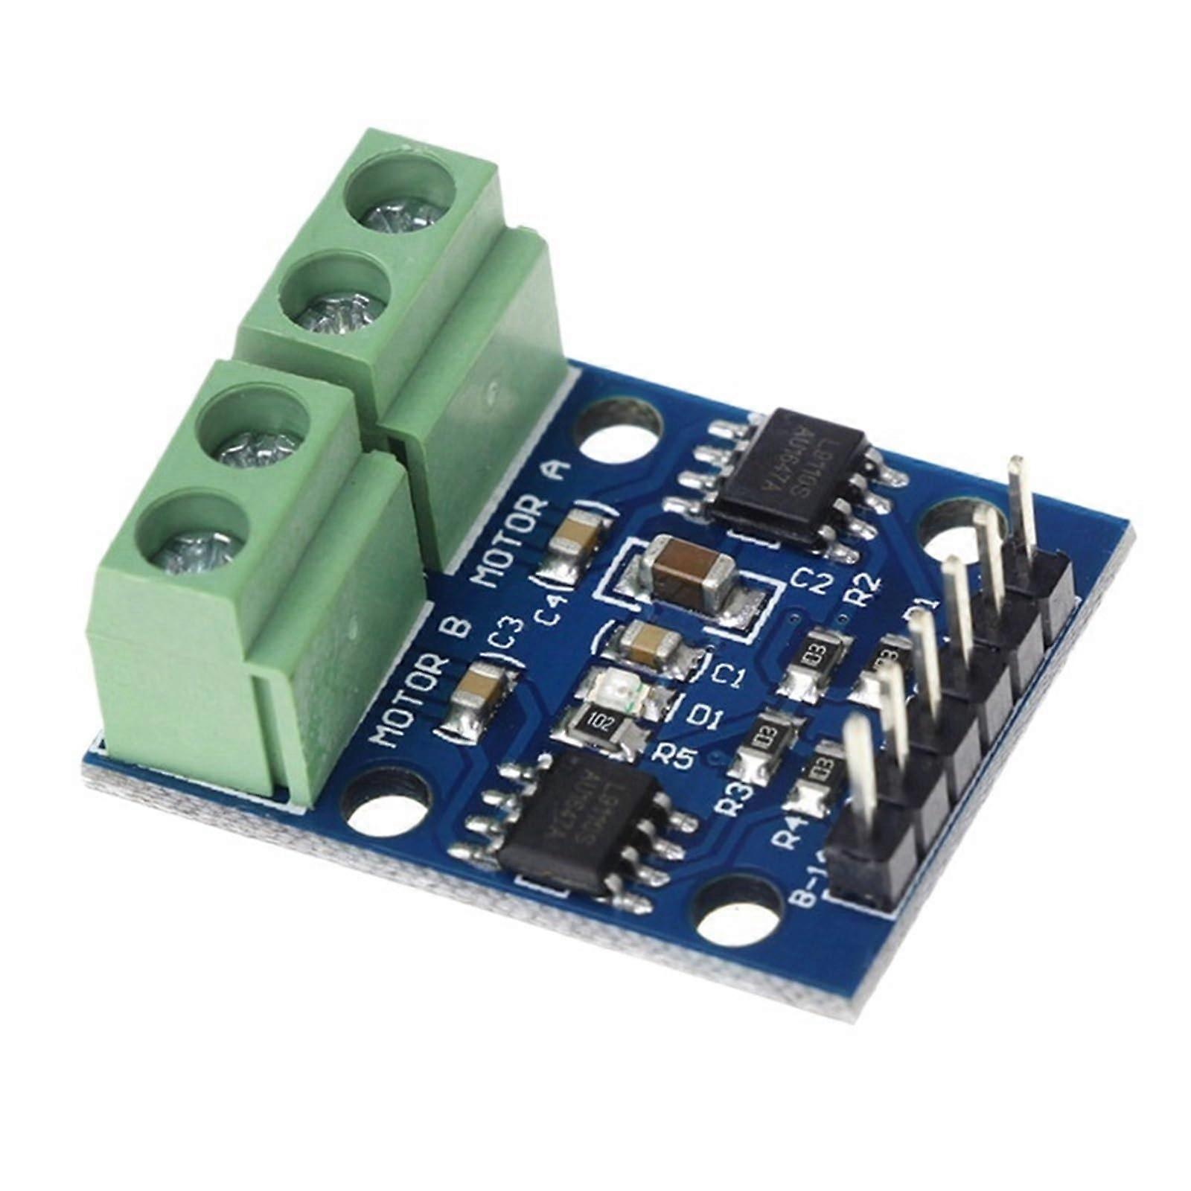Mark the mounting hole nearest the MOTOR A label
623,438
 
